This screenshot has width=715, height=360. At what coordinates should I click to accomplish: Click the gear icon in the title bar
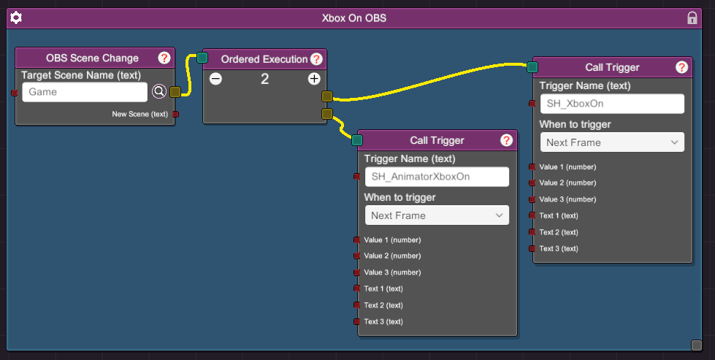(16, 18)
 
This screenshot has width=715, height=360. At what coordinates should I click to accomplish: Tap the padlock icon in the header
(692, 18)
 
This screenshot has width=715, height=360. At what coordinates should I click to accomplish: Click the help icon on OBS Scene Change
(164, 58)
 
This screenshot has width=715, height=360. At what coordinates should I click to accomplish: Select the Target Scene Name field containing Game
(85, 92)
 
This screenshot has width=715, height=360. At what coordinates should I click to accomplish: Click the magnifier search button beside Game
(158, 91)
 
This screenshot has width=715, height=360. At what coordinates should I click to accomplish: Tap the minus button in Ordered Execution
(215, 79)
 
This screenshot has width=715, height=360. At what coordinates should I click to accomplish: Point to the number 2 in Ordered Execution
(264, 80)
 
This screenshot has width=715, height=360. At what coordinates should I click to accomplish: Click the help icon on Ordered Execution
(316, 59)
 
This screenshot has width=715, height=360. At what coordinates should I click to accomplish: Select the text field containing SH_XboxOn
(612, 104)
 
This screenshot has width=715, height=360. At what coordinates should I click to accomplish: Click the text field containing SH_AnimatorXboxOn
(437, 177)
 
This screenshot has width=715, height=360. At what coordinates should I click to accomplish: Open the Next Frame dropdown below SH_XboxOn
(612, 142)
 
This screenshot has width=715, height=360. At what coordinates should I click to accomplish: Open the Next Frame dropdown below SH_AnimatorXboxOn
(437, 215)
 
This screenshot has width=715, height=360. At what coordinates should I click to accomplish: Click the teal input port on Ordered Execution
(202, 58)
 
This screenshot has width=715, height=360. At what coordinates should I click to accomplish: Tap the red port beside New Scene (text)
(175, 114)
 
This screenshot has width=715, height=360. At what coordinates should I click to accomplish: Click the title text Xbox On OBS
(354, 18)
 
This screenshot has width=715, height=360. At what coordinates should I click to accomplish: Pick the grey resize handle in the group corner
(696, 345)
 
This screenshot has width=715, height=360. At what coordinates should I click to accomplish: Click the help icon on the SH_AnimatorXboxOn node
(506, 140)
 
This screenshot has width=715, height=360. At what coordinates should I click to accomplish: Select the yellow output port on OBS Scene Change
(175, 92)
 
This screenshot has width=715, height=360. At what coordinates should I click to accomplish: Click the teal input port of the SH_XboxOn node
(532, 67)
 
